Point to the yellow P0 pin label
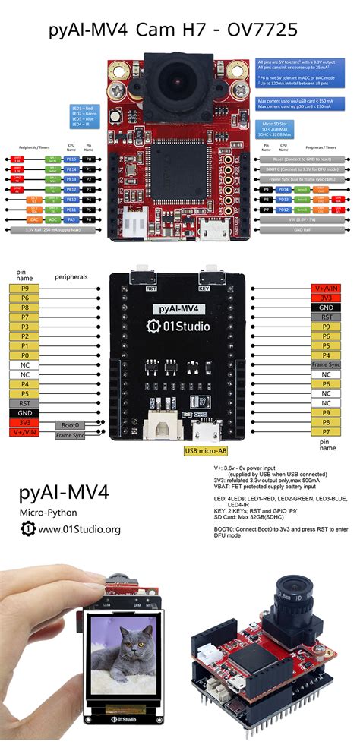click(x=26, y=354)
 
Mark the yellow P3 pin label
click(x=26, y=325)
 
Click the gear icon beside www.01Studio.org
click(x=27, y=528)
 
